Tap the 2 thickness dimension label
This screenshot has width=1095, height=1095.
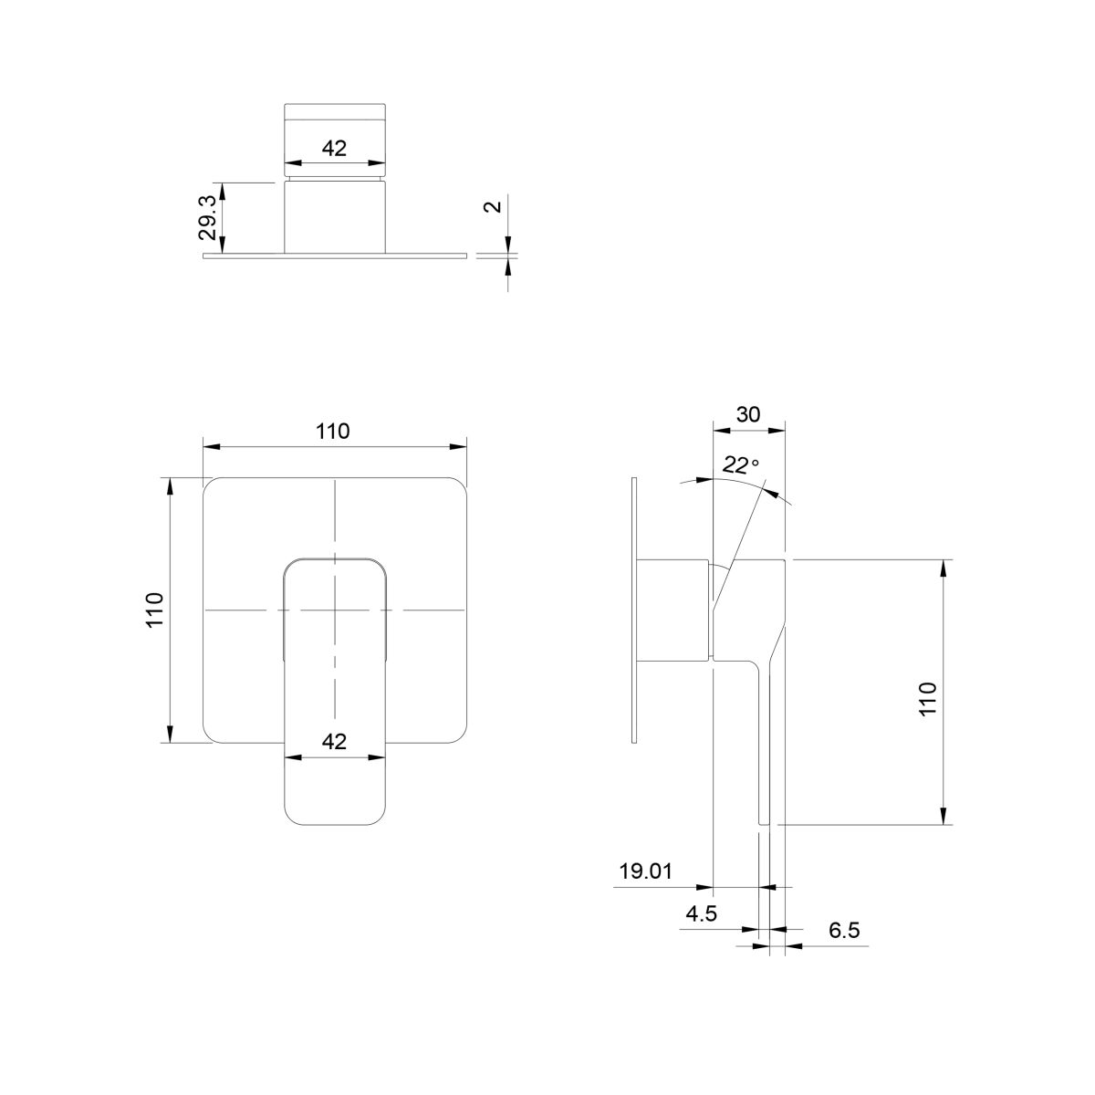tap(494, 205)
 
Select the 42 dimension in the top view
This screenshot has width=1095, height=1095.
tap(334, 149)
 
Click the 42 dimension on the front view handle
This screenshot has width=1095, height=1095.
tap(334, 742)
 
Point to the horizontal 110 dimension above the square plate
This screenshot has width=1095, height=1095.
tap(333, 432)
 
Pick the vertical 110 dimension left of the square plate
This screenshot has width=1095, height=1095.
tap(154, 610)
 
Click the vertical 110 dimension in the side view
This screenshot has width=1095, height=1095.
tap(927, 699)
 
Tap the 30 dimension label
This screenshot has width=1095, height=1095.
tap(748, 415)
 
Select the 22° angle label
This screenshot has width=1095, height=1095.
tap(741, 465)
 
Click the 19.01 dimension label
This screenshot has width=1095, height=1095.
tap(645, 871)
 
